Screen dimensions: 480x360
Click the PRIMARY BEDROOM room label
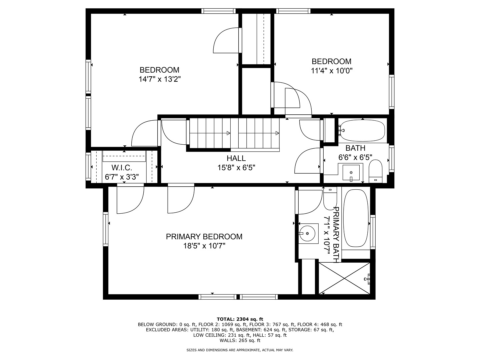[204, 237]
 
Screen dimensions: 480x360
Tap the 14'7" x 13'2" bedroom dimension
[160, 79]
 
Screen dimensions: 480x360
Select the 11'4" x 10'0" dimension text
[332, 71]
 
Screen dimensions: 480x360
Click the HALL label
[236, 158]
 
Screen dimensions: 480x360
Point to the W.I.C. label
[122, 168]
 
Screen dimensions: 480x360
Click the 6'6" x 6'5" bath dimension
[355, 157]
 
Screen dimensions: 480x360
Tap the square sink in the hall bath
[351, 173]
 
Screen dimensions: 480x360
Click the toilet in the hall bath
[375, 171]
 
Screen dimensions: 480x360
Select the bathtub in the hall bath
[363, 130]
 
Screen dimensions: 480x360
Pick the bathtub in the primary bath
[356, 218]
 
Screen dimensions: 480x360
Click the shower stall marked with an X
[344, 278]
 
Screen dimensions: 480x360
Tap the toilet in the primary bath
[330, 199]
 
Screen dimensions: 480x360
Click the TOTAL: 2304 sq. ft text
[240, 319]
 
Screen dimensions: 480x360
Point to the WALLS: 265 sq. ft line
[240, 340]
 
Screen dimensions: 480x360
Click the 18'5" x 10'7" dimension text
[204, 246]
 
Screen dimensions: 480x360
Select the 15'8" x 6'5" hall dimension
[236, 168]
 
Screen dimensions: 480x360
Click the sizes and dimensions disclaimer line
[240, 350]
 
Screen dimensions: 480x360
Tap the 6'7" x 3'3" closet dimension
[122, 177]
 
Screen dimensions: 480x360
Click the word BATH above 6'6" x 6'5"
[355, 148]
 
